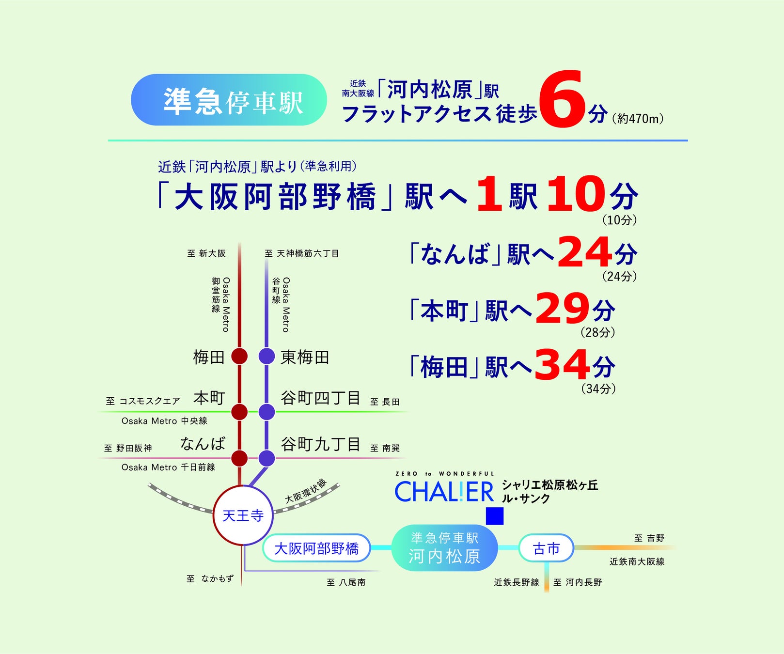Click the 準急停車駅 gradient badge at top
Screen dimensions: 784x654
click(x=229, y=100)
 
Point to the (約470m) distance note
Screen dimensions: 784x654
click(x=638, y=119)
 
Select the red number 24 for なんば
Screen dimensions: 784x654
click(x=584, y=252)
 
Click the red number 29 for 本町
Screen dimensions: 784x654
click(x=563, y=309)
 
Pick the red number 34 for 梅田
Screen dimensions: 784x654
click(x=562, y=365)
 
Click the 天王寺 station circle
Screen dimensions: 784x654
click(x=243, y=515)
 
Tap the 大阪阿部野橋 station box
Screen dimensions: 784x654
click(x=316, y=548)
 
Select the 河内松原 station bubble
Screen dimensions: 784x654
click(x=444, y=548)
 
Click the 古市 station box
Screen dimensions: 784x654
click(x=546, y=548)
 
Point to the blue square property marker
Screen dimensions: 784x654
click(x=494, y=516)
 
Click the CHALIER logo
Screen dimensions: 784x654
click(x=444, y=492)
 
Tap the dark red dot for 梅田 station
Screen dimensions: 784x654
click(x=239, y=356)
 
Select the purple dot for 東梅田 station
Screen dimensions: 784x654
click(x=267, y=356)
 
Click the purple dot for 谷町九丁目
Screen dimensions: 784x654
click(x=267, y=458)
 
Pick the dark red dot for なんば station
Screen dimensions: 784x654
click(x=239, y=458)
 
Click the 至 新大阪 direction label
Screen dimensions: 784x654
click(x=206, y=253)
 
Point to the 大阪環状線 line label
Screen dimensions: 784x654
click(x=306, y=491)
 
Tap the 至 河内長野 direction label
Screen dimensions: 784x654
click(x=578, y=582)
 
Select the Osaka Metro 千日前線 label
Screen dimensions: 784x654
click(x=168, y=467)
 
